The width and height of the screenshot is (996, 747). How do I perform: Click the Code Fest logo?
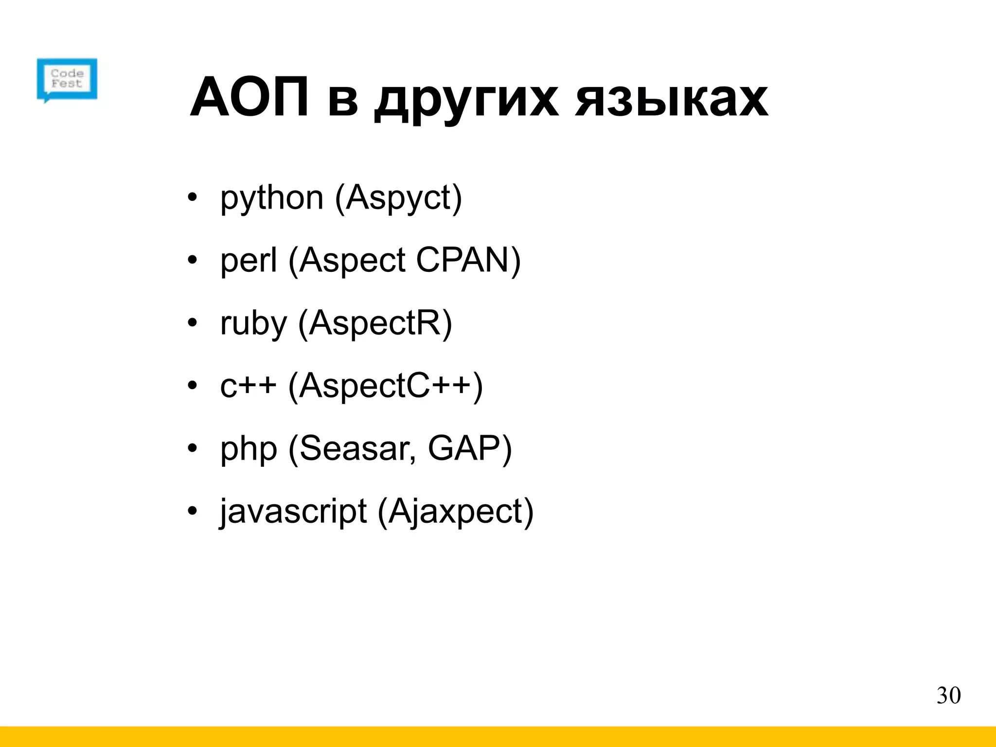[x=67, y=79]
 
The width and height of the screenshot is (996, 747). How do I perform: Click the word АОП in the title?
[x=249, y=99]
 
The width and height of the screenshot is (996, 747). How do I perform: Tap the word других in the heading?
[x=466, y=102]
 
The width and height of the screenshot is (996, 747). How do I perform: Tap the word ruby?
[x=253, y=323]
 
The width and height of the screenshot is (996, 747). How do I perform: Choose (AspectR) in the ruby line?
[x=375, y=323]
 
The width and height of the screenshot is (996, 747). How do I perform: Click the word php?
[x=249, y=449]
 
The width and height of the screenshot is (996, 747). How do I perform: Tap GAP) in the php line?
[x=470, y=449]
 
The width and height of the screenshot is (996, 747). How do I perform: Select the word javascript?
[x=293, y=512]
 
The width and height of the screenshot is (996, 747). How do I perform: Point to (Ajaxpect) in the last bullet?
[x=455, y=512]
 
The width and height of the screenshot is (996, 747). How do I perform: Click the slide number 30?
[x=948, y=696]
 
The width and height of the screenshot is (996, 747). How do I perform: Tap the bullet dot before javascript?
[x=193, y=511]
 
